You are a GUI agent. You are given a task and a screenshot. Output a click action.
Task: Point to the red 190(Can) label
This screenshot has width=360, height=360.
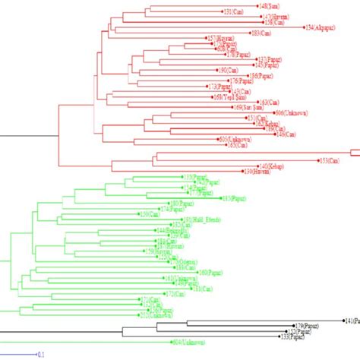[x=228, y=70]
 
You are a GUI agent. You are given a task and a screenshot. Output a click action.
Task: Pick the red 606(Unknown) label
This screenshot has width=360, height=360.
[x=289, y=112]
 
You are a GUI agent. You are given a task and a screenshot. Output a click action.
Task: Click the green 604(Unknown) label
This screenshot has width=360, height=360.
[x=188, y=342]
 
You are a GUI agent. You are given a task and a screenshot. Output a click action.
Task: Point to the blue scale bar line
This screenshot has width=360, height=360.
[x=18, y=354]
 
